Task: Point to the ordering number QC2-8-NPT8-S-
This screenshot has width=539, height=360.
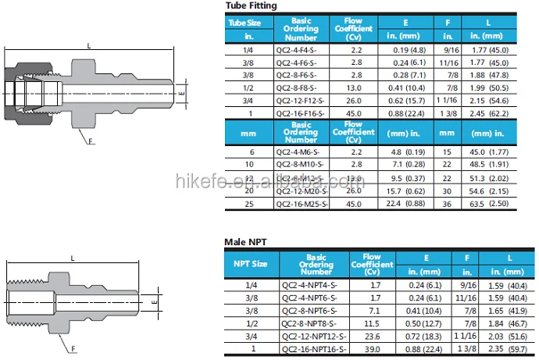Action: coord(309,322)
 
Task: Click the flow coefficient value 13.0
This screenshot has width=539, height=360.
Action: coord(353,88)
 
